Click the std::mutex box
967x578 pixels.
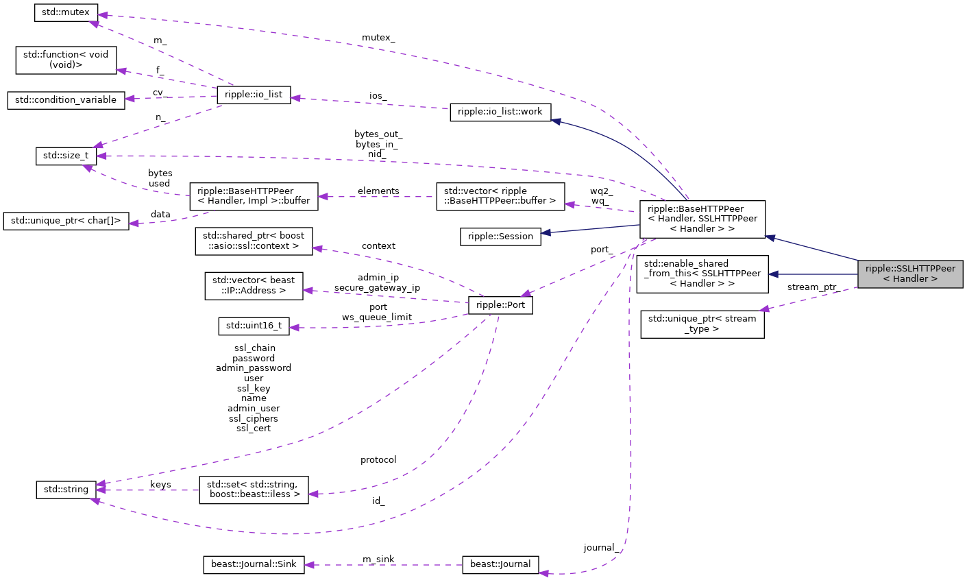pyautogui.click(x=66, y=12)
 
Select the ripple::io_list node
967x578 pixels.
pyautogui.click(x=254, y=95)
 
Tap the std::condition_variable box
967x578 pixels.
pyautogui.click(x=66, y=99)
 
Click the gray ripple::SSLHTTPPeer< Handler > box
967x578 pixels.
pyautogui.click(x=910, y=274)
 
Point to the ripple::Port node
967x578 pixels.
pyautogui.click(x=500, y=305)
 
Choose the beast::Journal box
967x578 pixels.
pyautogui.click(x=500, y=564)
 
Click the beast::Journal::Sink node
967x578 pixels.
pyautogui.click(x=254, y=564)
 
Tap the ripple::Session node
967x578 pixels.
pyautogui.click(x=500, y=237)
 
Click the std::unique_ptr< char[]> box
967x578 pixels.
pyautogui.click(x=66, y=221)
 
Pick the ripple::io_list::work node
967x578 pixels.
pyautogui.click(x=500, y=112)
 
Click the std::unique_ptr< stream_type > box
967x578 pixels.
pyautogui.click(x=702, y=324)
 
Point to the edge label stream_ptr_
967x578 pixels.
pyautogui.click(x=812, y=287)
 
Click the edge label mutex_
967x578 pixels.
pyautogui.click(x=379, y=37)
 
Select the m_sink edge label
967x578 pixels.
pyautogui.click(x=378, y=559)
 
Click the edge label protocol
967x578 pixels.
pyautogui.click(x=378, y=459)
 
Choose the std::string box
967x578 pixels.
pyautogui.click(x=66, y=490)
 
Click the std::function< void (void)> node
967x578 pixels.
pyautogui.click(x=66, y=60)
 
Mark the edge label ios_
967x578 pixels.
pyautogui.click(x=378, y=97)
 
